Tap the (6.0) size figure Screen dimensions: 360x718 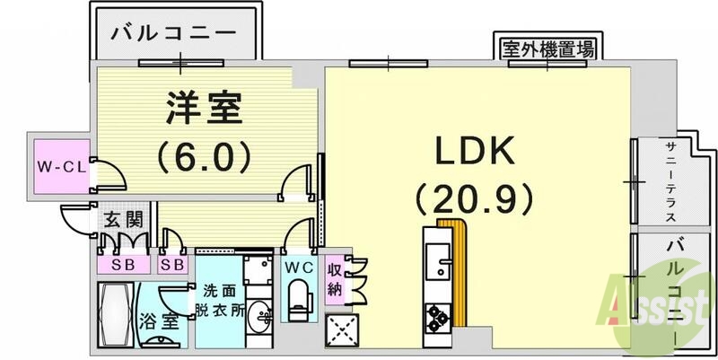click(x=203, y=158)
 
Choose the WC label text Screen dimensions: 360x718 click(x=298, y=267)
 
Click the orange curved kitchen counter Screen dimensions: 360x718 click(x=457, y=269)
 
